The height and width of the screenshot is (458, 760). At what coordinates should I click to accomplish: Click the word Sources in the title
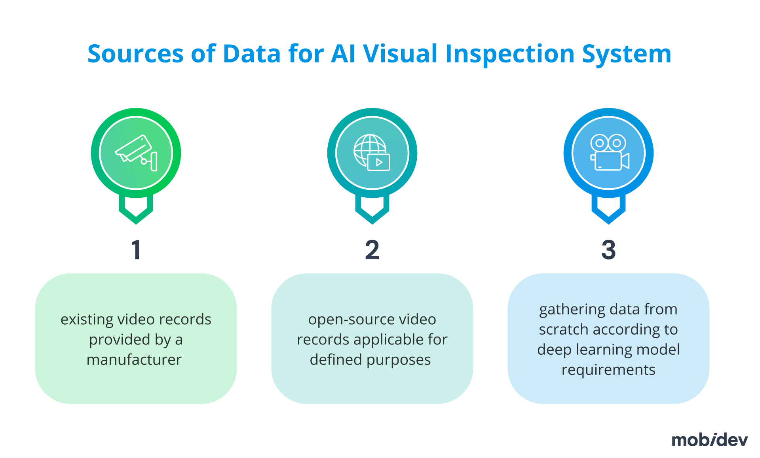(x=135, y=54)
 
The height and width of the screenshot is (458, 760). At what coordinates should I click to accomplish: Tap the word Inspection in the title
(x=510, y=54)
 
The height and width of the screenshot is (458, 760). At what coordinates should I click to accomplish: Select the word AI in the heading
(x=343, y=54)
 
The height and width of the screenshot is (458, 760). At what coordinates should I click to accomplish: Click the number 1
(x=136, y=250)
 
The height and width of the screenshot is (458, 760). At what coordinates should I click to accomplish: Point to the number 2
(x=372, y=250)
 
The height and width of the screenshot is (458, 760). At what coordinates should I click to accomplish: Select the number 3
(x=608, y=250)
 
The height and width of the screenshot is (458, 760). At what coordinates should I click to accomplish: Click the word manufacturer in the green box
(x=134, y=360)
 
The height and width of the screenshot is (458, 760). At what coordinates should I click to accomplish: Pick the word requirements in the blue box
(x=608, y=370)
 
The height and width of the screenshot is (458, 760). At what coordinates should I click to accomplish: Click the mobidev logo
(x=709, y=440)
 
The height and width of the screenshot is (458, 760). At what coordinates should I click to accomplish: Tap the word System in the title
(x=626, y=54)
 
